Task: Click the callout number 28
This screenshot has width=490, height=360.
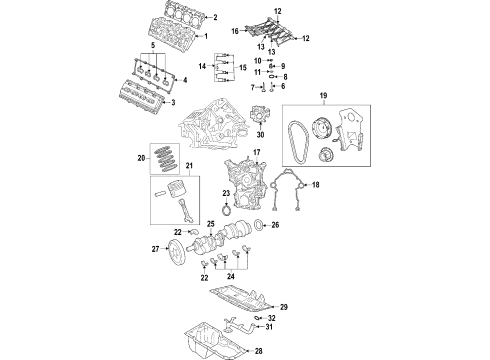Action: point(286,351)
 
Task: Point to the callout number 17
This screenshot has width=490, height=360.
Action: point(257,153)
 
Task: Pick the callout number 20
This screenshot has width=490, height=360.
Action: point(140,157)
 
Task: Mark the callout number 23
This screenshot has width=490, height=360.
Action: point(226,194)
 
